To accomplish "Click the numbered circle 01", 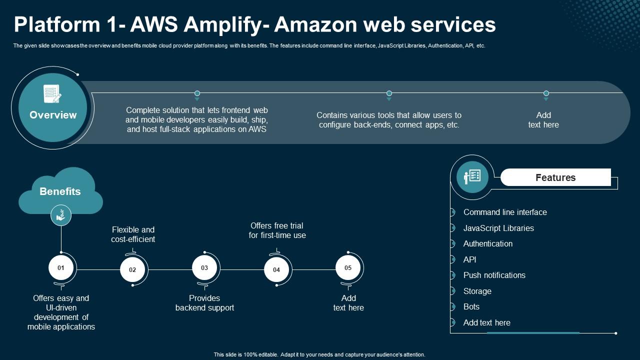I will (x=61, y=268).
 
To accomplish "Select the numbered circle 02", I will (x=132, y=270).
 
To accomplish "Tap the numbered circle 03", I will (x=204, y=268).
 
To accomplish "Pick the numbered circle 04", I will (x=276, y=270).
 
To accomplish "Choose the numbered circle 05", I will (x=348, y=268).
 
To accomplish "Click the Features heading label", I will (x=555, y=177).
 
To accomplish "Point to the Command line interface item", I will (x=505, y=212).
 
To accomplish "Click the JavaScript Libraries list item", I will (x=498, y=228).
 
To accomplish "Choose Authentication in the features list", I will (x=488, y=244).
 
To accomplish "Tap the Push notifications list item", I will (x=494, y=275).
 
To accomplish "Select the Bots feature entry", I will (x=471, y=307).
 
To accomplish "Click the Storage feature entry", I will (x=477, y=291).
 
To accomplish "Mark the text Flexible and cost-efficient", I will (x=133, y=234).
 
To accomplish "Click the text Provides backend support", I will (x=204, y=303).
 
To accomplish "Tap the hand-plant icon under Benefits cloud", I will (x=61, y=215).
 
